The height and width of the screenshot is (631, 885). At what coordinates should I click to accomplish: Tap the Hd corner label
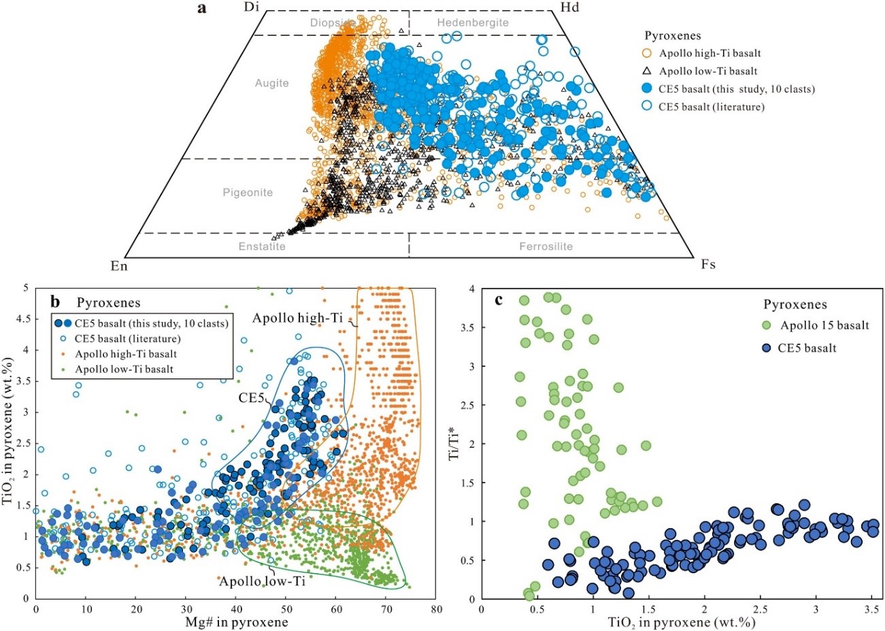569,7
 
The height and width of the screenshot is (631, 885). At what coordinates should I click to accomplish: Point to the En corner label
119,265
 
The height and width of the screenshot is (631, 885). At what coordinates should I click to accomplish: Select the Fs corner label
708,264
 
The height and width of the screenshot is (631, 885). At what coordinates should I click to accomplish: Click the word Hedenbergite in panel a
473,22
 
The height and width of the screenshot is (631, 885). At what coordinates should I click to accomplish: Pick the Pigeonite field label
248,193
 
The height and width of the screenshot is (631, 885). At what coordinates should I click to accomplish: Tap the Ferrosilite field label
546,246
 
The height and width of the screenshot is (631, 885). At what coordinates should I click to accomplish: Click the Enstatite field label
262,246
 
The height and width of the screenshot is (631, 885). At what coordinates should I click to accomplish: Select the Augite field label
271,83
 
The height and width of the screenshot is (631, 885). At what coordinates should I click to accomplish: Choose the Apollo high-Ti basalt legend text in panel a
709,53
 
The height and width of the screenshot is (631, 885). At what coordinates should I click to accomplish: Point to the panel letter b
56,300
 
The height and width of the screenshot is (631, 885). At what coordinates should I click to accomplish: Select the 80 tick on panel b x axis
436,610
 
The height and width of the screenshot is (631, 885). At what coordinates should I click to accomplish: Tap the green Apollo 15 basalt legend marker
767,325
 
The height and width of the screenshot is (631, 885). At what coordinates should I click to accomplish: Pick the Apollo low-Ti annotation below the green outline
262,581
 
